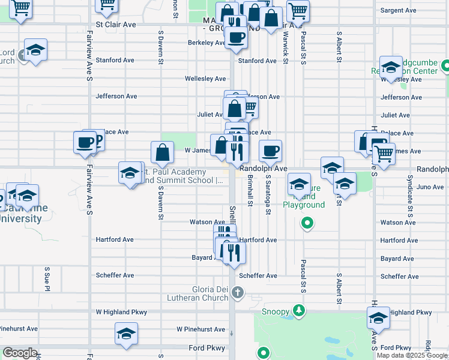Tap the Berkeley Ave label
205,43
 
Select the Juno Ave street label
430,187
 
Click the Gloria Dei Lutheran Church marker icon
238,293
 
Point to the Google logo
20,353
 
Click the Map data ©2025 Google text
411,355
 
